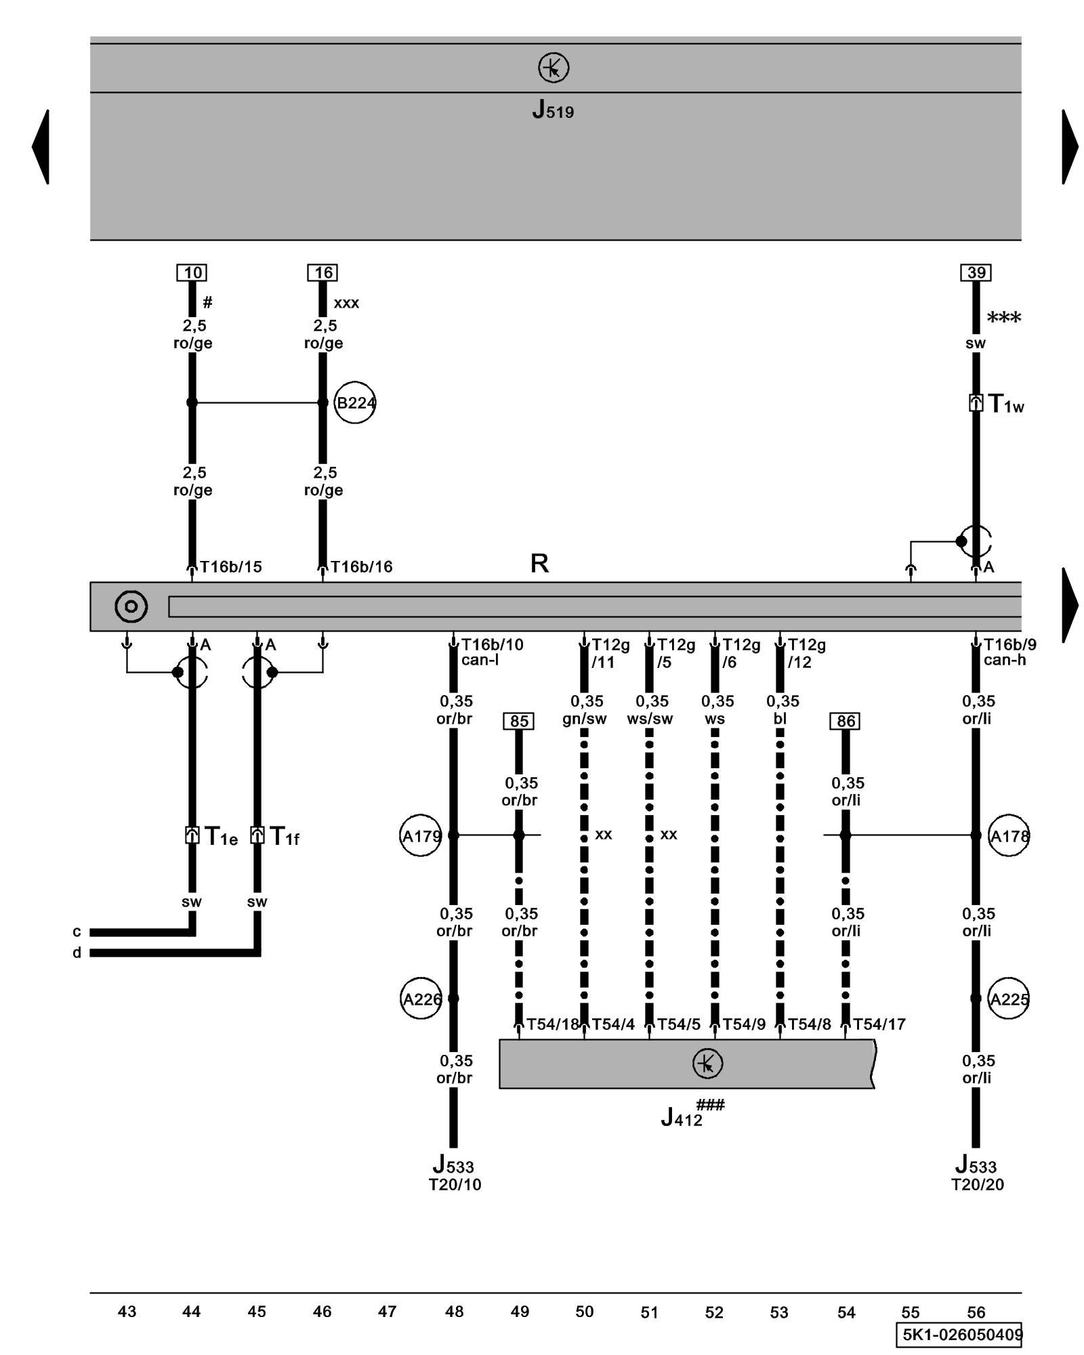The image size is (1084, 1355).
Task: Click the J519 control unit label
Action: pos(553,110)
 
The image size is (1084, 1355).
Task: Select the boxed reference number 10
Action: pos(192,272)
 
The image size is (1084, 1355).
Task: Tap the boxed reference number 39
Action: pos(976,272)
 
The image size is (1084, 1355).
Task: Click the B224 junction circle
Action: pos(355,403)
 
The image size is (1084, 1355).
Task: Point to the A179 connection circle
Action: pos(421,836)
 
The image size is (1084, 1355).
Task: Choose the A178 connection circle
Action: pos(1009,836)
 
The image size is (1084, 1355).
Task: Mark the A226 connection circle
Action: pos(421,999)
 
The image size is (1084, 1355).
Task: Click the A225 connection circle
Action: pos(1009,999)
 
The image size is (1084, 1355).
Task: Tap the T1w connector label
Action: pos(1006,404)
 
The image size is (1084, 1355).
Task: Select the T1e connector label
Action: pos(221,837)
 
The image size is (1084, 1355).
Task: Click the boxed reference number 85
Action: pos(519,721)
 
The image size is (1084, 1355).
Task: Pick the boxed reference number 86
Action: pos(845,721)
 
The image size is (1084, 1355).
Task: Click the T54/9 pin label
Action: pos(744,1024)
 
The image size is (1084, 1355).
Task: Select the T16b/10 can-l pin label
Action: pos(492,652)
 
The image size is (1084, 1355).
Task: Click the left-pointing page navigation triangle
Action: pos(41,146)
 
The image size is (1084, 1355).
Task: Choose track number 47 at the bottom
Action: pos(387,1312)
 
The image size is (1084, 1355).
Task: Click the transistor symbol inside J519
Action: pos(554,68)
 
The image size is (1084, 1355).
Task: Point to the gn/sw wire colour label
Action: pos(584,719)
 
